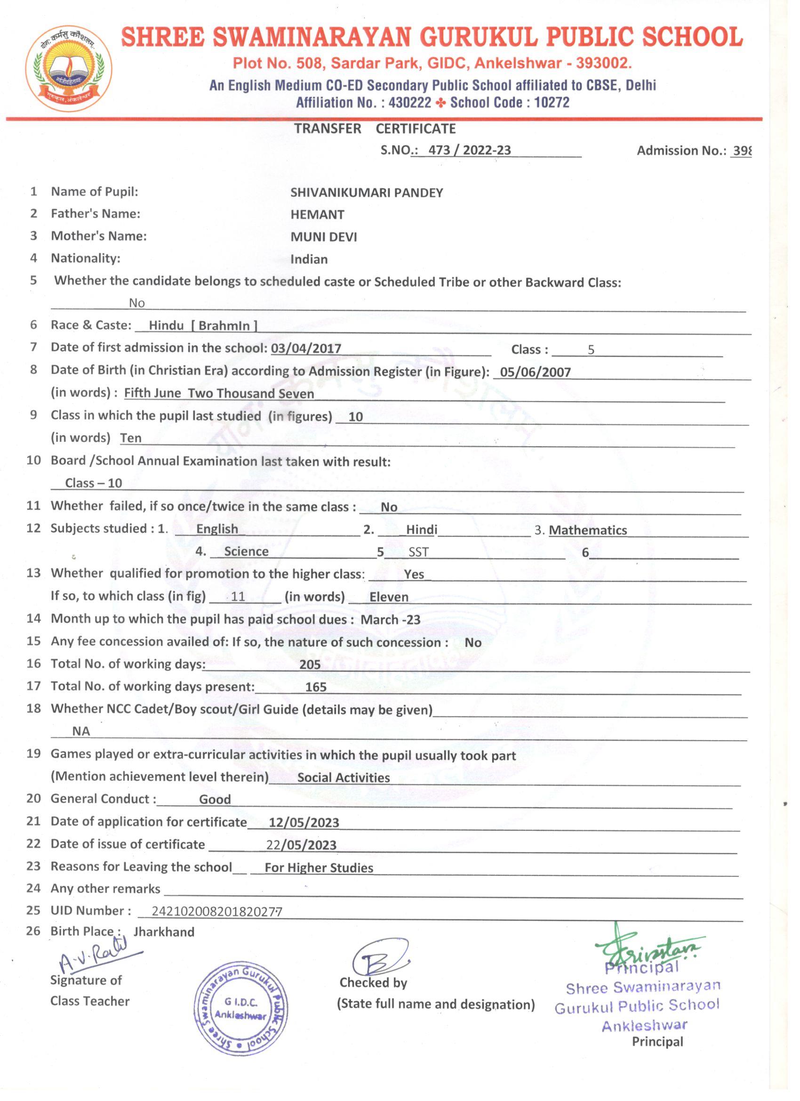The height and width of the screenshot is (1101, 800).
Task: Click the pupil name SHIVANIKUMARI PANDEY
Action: coord(366,193)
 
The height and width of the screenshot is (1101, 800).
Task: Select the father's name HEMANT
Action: coord(317,215)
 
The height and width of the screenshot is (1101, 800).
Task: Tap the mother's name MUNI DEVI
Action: coord(324,237)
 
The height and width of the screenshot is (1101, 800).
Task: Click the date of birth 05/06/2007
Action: coord(535,372)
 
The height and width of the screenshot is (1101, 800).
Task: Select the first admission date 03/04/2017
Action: coord(305,348)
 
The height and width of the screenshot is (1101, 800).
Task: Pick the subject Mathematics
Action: coord(587,530)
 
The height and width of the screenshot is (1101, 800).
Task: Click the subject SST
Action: coord(418,552)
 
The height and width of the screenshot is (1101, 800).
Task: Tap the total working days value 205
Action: coord(310,664)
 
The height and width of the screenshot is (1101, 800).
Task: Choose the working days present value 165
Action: coord(315,687)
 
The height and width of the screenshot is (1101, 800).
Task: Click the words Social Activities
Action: coord(344,777)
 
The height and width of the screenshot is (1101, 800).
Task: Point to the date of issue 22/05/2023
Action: coord(301,845)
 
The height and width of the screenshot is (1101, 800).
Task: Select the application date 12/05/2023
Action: coord(304,823)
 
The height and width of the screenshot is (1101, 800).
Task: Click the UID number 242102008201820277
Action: coord(216,912)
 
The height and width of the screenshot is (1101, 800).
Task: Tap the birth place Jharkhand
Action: coord(163,932)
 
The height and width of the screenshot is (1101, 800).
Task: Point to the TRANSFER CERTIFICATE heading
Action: coord(375,129)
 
